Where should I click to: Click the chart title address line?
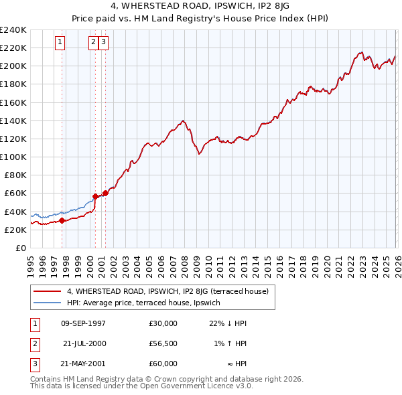tap(200, 7)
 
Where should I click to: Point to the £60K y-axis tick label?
tap(15, 193)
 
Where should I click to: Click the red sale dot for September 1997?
tap(62, 220)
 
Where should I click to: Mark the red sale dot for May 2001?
tap(105, 193)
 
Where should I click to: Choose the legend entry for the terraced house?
tap(167, 291)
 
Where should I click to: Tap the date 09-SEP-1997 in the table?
tap(83, 323)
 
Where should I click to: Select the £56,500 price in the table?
tap(163, 343)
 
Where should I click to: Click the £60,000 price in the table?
tap(163, 364)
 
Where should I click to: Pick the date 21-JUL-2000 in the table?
tap(84, 343)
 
